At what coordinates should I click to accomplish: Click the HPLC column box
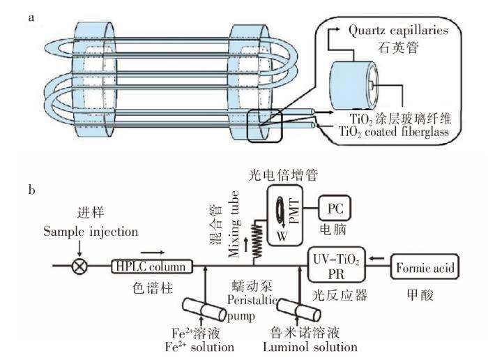pos(152,266)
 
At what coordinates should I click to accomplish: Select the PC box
pos(335,208)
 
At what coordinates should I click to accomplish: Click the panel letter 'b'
pos(31,188)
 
